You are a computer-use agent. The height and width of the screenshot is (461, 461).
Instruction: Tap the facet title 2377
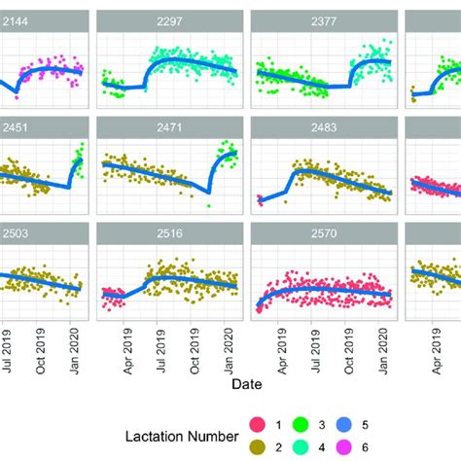coord(323,19)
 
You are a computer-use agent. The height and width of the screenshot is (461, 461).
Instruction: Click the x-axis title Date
coord(246,384)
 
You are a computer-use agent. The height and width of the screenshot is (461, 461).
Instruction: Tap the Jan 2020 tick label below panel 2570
coord(382,345)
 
